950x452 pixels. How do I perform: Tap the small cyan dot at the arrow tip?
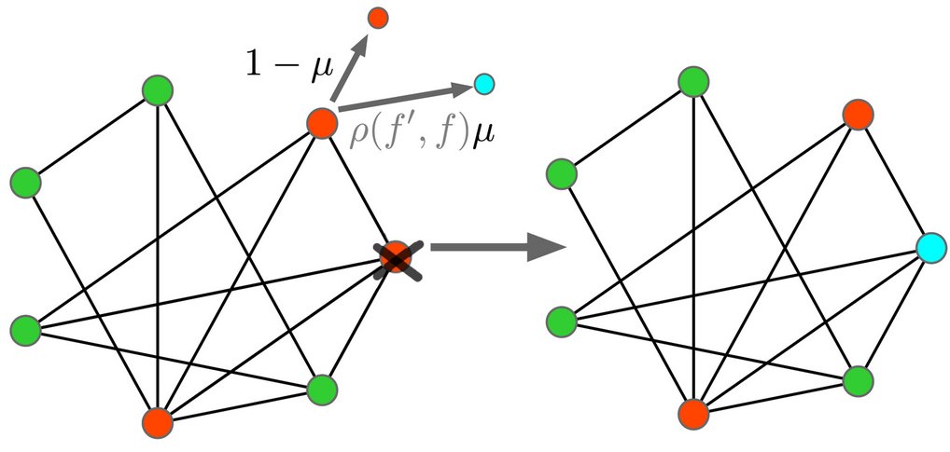(483, 85)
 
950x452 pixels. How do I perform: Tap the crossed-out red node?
(396, 257)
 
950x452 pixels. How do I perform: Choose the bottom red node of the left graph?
(158, 421)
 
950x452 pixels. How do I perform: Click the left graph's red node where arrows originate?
(321, 123)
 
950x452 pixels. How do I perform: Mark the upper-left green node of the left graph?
(25, 182)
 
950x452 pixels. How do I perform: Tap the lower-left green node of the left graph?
(25, 329)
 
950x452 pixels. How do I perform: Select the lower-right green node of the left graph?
(321, 389)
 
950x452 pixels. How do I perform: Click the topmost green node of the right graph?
(693, 82)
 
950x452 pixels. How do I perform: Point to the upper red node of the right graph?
(857, 115)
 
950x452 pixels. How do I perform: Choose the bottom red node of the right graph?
(693, 412)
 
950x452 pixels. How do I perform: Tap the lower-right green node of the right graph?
(857, 380)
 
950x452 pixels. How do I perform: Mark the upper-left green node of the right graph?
(561, 173)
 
